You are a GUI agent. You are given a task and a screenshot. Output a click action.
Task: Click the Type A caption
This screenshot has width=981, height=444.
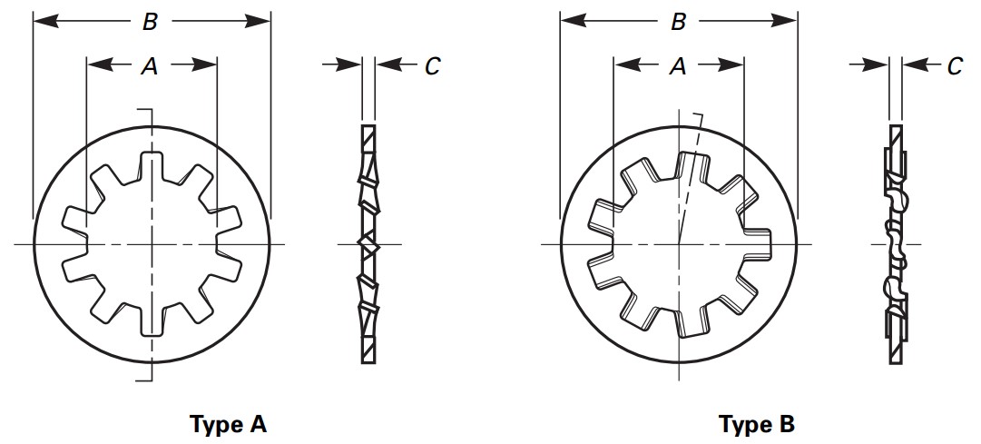pyautogui.click(x=228, y=424)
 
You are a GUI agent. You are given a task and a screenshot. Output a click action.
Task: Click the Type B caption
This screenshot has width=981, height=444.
pyautogui.click(x=757, y=424)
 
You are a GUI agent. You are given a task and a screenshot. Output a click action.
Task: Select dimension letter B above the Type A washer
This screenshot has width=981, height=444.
pyautogui.click(x=150, y=23)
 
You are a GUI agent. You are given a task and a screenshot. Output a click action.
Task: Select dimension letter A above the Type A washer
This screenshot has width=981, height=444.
pyautogui.click(x=151, y=64)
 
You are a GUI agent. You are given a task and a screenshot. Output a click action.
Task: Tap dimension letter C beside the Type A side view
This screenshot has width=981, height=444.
pyautogui.click(x=432, y=64)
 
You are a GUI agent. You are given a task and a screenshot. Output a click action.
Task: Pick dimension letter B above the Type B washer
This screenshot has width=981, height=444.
pyautogui.click(x=678, y=23)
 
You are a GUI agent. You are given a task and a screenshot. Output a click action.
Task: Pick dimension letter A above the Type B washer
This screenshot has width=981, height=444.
pyautogui.click(x=678, y=64)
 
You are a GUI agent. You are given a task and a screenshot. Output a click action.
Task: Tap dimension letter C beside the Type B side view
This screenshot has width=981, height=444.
pyautogui.click(x=955, y=64)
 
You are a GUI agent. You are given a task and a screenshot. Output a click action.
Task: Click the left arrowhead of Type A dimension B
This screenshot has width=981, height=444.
pyautogui.click(x=39, y=21)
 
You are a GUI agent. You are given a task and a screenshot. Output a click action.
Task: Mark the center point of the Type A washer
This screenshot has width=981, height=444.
pyautogui.click(x=152, y=244)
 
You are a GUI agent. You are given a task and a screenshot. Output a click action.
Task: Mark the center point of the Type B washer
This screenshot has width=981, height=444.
pyautogui.click(x=679, y=244)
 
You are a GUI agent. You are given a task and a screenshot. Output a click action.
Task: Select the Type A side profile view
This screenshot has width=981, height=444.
pyautogui.click(x=368, y=244)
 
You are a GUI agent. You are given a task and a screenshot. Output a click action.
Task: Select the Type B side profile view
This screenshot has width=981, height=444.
pyautogui.click(x=895, y=244)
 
